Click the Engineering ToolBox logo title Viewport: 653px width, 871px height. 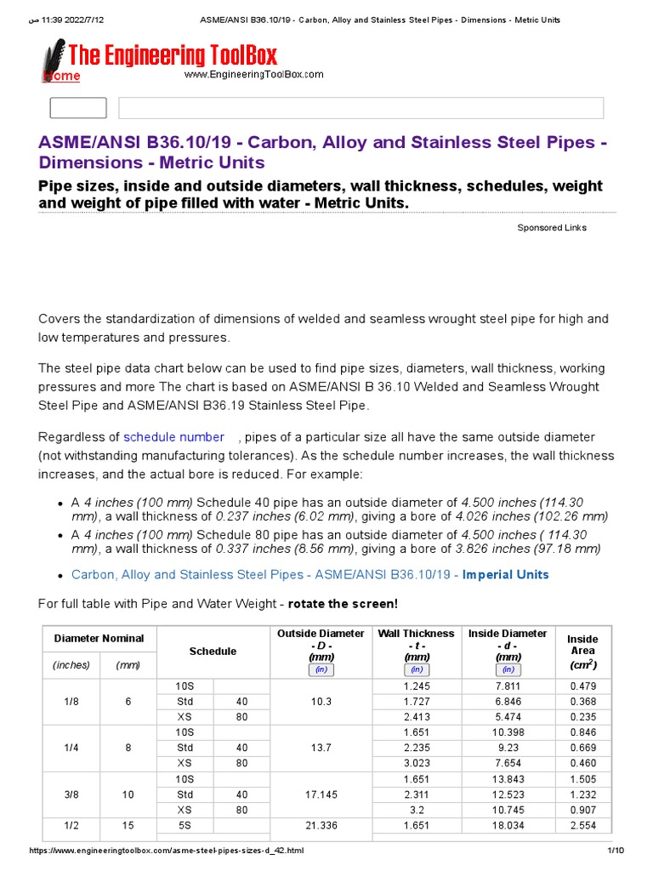point(173,56)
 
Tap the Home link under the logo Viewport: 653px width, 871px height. point(62,77)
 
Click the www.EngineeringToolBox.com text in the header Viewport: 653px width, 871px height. point(254,74)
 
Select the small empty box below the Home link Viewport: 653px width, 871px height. point(78,108)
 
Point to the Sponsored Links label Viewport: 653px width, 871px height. point(552,228)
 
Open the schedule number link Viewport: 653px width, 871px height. point(174,436)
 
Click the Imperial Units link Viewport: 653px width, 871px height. point(505,574)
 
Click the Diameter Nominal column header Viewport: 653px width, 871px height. point(99,638)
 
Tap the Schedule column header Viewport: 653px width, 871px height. point(213,652)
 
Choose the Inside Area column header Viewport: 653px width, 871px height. point(582,652)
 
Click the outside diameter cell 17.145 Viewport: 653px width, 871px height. point(321,794)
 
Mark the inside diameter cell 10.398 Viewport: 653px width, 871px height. point(508,732)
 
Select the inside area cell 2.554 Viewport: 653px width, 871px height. point(582,825)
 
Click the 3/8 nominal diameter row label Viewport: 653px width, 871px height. point(71,794)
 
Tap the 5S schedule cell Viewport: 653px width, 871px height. point(185,825)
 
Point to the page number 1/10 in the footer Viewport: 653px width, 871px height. point(616,851)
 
